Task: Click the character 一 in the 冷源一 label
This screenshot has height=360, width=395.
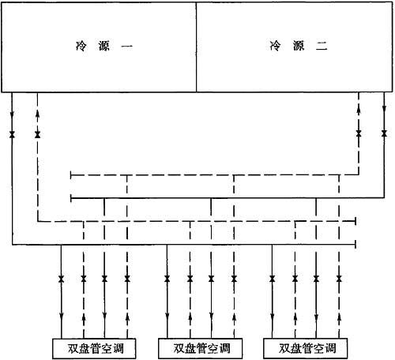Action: click(x=127, y=47)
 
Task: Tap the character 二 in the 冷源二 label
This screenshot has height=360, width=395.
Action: click(x=322, y=47)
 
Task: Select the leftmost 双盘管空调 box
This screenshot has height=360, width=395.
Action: click(x=94, y=349)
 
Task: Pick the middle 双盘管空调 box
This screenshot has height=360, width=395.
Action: click(x=200, y=349)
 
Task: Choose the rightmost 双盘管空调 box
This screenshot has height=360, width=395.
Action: click(x=306, y=349)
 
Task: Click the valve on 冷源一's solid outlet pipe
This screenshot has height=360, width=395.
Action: click(x=12, y=135)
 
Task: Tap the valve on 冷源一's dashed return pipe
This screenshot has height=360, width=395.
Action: click(x=38, y=135)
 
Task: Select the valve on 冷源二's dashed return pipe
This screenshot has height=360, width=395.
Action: click(x=359, y=133)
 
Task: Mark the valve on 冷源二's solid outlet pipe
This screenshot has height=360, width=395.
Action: click(x=384, y=133)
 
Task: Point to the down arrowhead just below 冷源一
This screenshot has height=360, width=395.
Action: click(x=12, y=115)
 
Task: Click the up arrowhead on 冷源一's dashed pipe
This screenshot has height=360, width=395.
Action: click(x=38, y=114)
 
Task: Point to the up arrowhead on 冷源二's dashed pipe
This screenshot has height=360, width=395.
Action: click(x=359, y=111)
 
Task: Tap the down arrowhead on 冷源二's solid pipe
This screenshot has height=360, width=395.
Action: click(x=384, y=108)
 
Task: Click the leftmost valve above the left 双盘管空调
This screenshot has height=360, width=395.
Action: click(x=61, y=279)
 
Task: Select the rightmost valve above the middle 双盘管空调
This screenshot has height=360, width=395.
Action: click(x=234, y=279)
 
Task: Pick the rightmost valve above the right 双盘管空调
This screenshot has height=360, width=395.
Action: click(x=339, y=279)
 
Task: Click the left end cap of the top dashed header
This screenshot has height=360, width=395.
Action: click(x=71, y=175)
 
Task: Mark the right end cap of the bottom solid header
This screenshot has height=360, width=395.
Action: click(x=356, y=245)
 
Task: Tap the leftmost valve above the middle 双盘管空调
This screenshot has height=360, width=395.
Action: click(x=167, y=279)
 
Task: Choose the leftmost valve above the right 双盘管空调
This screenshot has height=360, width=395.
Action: click(x=273, y=279)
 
